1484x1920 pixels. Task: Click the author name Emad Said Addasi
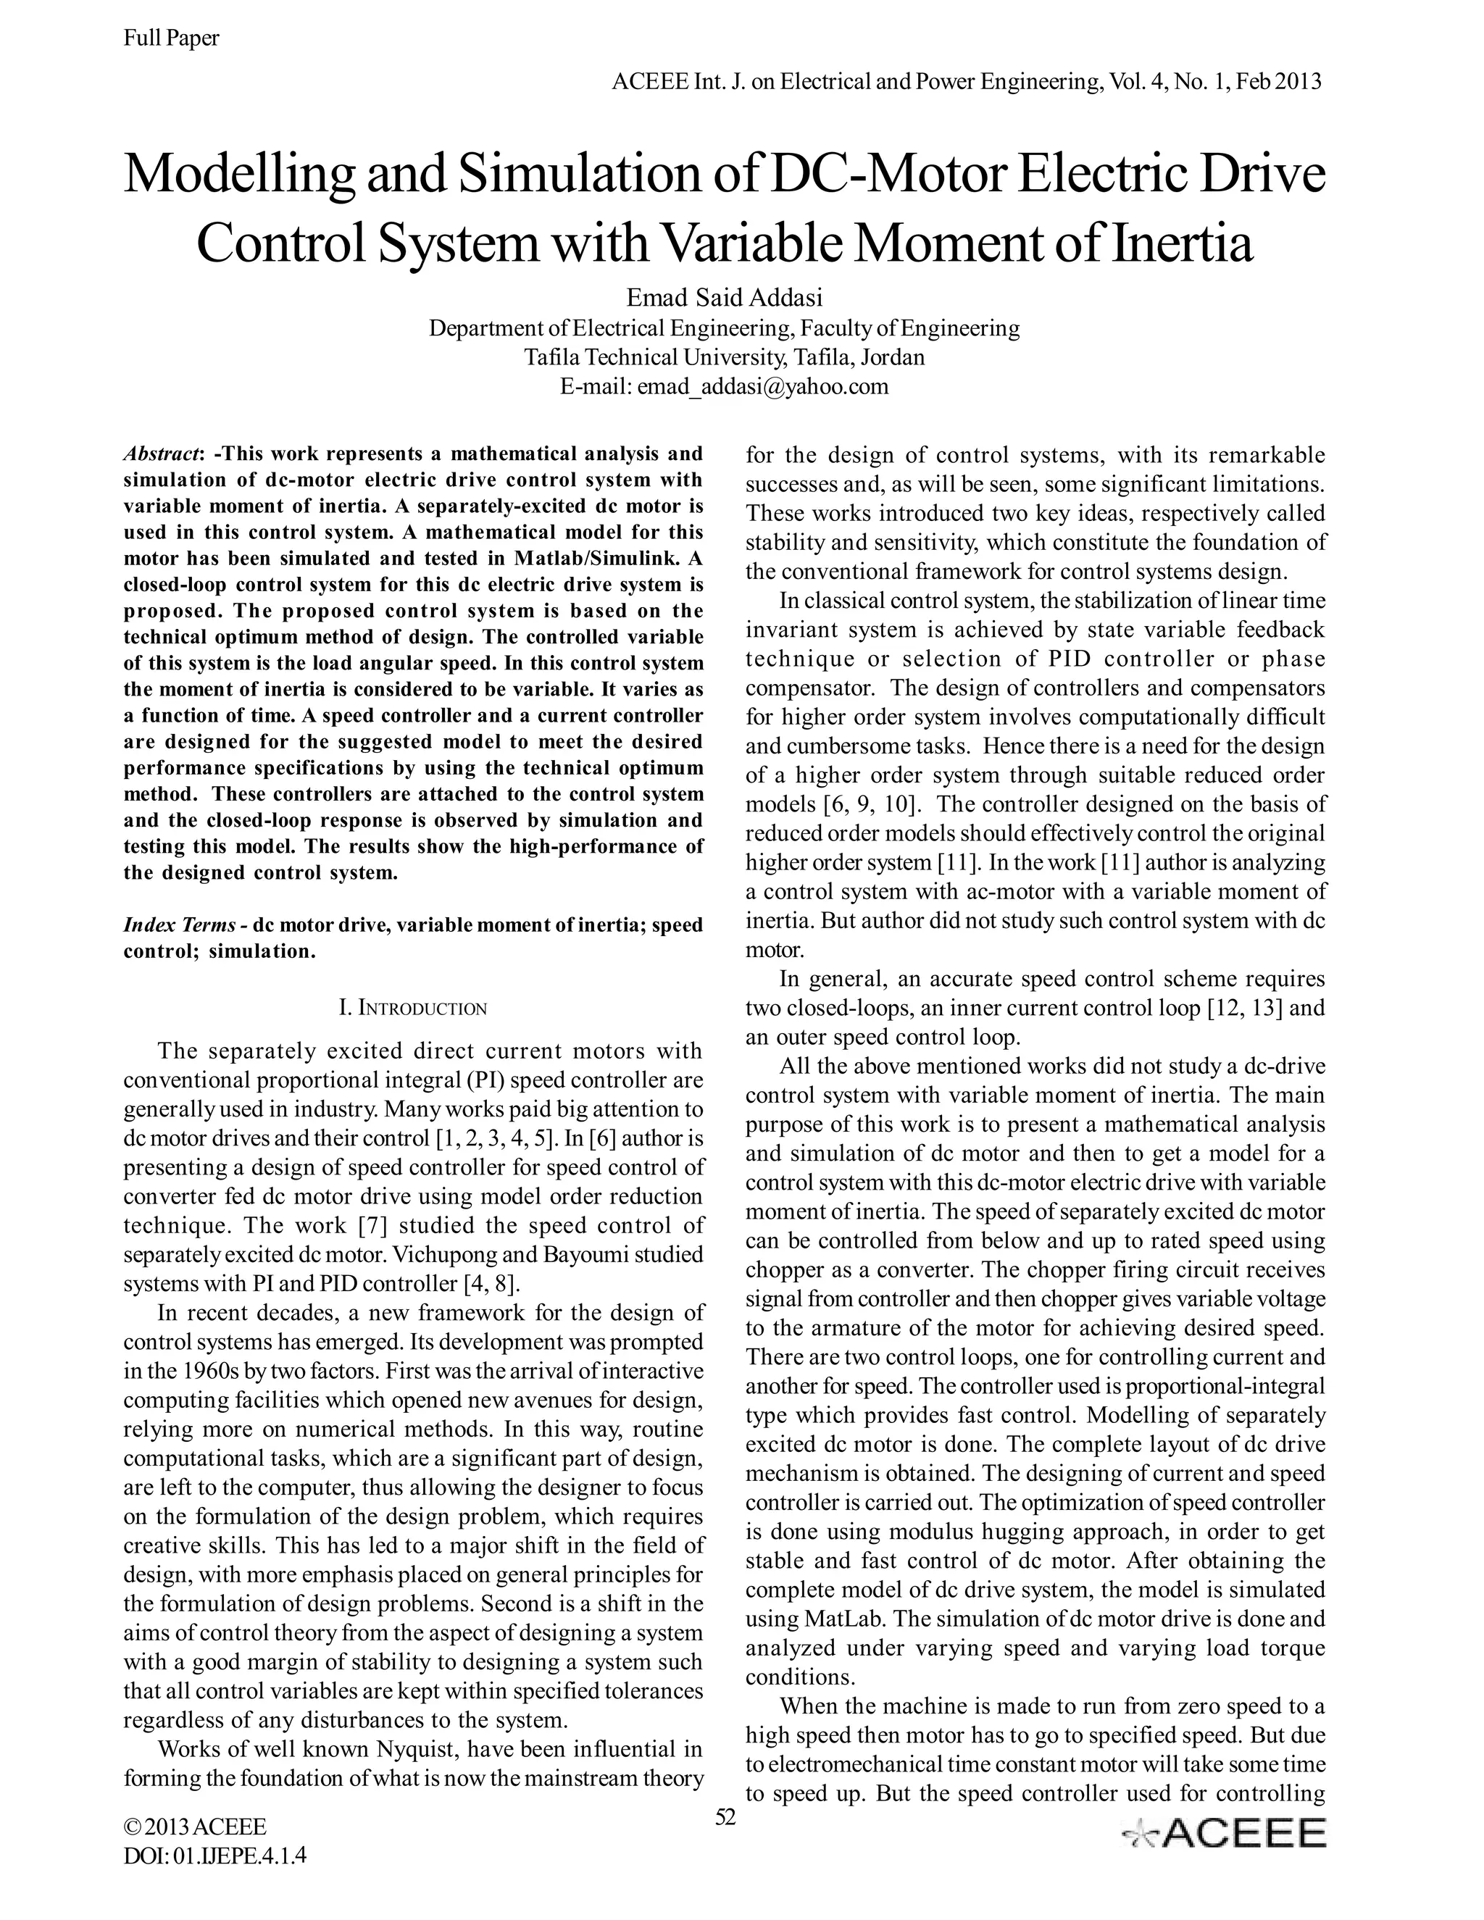tap(724, 297)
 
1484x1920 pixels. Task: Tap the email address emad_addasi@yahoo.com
tap(762, 387)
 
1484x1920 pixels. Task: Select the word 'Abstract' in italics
tap(162, 454)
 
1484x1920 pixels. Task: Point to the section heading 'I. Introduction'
tap(412, 1008)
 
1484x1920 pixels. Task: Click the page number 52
tap(725, 1817)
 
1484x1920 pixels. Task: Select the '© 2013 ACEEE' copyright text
tap(195, 1827)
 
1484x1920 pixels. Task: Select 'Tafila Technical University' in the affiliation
tap(652, 358)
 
